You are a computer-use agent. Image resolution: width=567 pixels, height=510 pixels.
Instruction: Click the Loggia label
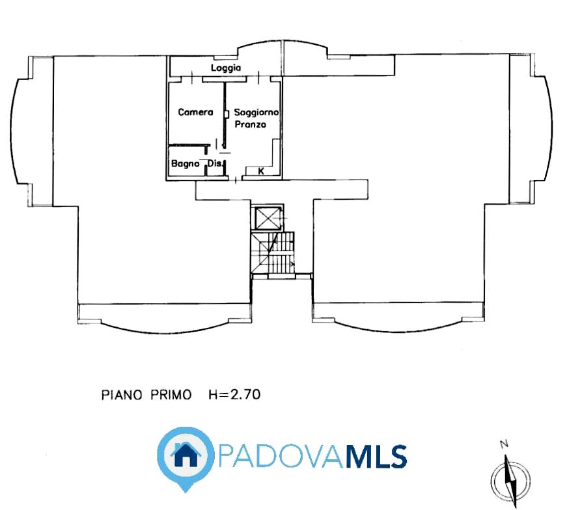226,68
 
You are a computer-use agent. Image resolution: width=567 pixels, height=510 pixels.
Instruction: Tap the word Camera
195,112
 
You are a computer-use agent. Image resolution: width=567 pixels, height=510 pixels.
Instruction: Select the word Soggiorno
256,113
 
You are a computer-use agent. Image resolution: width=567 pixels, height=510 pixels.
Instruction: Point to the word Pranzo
250,124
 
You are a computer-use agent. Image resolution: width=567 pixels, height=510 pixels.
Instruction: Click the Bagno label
185,164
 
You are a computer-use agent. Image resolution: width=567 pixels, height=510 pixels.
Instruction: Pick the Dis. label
215,163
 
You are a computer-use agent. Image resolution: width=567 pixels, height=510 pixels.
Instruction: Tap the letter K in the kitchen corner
261,171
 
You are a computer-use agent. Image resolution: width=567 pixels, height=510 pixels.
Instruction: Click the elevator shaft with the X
268,218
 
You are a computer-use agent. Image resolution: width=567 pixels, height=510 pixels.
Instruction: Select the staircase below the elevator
273,253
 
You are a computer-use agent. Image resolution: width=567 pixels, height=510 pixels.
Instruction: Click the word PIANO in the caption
121,395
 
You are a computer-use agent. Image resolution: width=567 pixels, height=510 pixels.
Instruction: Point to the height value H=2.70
234,394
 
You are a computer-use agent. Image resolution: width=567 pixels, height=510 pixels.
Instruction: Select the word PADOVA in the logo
281,456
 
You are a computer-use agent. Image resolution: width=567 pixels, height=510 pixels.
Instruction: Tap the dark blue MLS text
376,456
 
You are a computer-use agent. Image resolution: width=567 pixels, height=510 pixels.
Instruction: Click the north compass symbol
510,479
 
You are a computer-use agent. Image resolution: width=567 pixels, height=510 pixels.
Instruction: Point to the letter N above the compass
504,444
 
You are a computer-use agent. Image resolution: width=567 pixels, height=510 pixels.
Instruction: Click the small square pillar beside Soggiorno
227,114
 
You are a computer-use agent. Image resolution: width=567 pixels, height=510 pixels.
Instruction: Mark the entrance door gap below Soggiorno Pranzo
236,178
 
